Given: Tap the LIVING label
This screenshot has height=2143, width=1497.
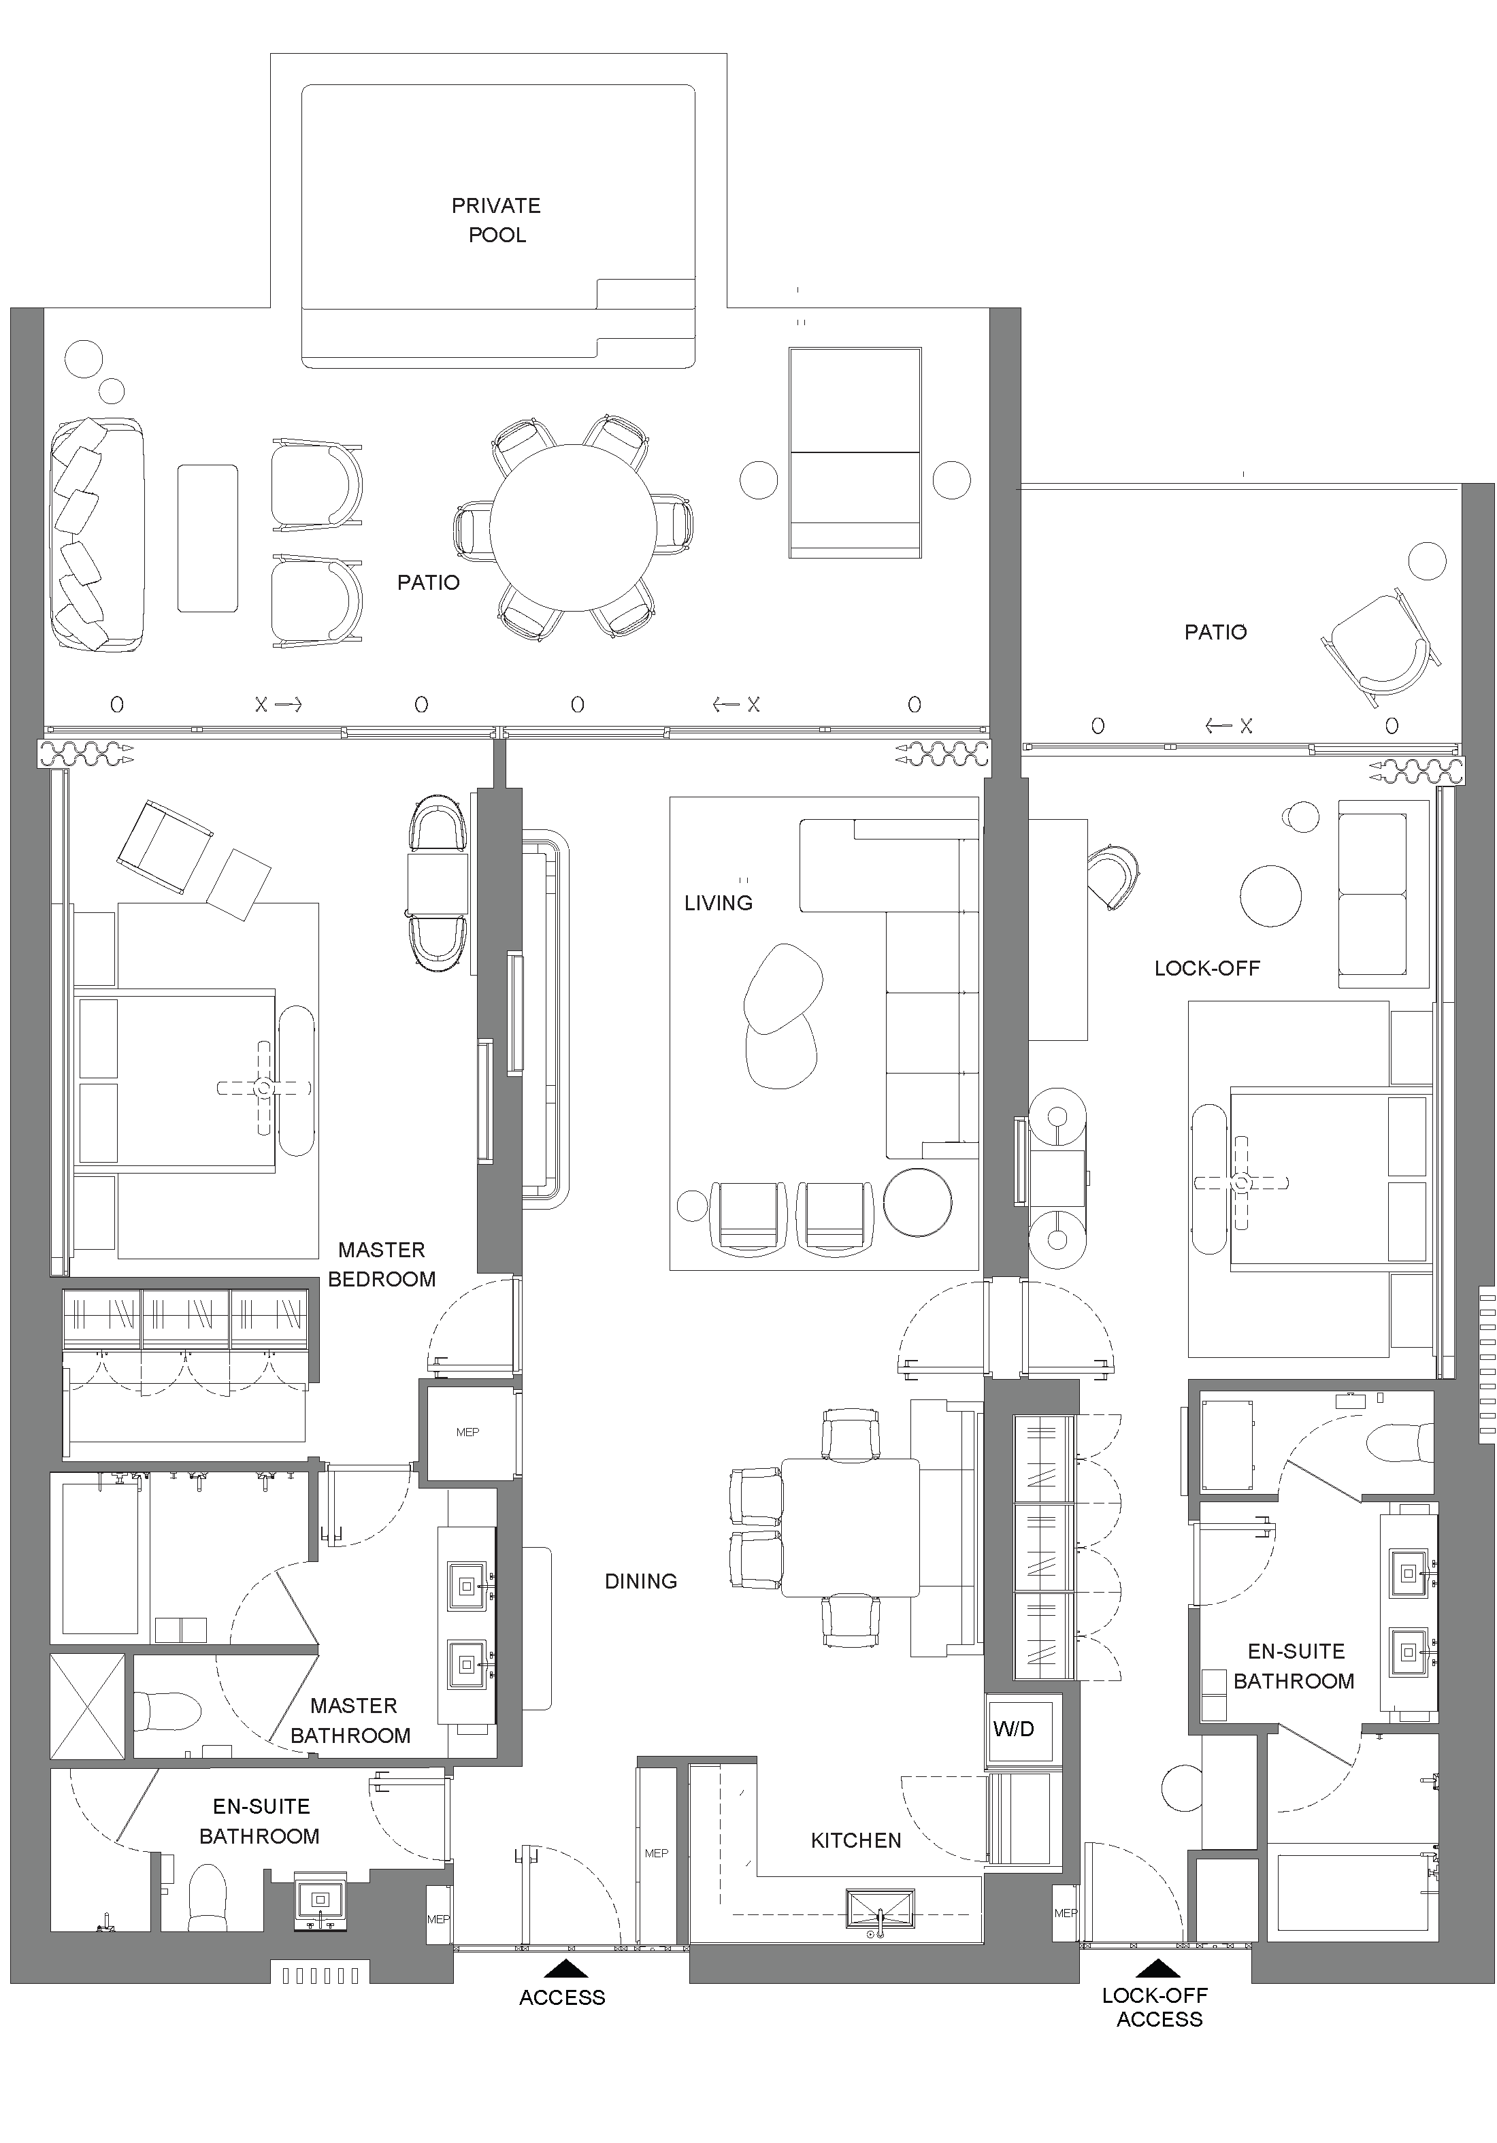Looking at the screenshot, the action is point(718,903).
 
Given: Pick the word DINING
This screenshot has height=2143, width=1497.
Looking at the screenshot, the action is point(640,1581).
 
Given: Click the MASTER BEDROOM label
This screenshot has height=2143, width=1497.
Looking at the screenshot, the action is point(382,1264).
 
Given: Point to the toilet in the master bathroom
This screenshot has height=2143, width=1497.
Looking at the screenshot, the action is point(167,1711).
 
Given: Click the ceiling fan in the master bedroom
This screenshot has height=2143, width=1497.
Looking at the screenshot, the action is point(264,1087).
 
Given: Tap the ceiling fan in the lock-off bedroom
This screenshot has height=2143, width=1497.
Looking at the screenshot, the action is point(1240,1182).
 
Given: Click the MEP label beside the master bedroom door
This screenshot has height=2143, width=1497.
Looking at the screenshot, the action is point(467,1432).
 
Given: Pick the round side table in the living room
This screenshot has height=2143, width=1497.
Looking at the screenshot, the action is point(917,1201).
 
